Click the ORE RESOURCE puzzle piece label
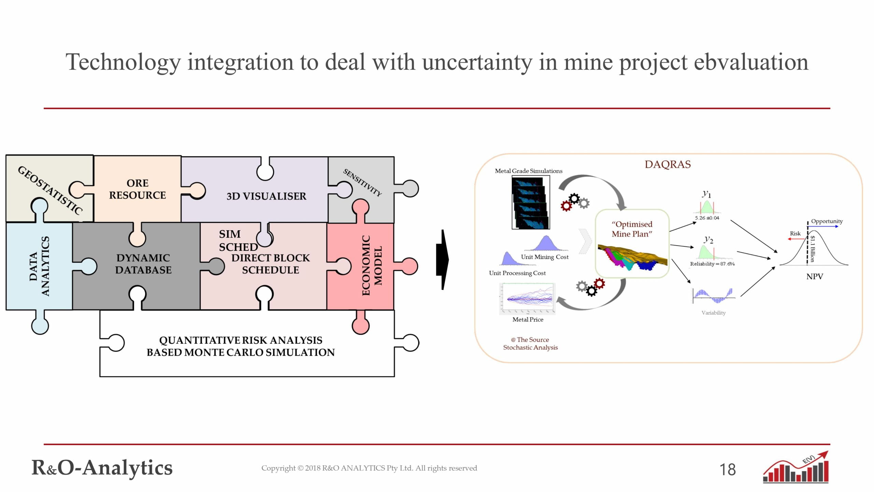(137, 189)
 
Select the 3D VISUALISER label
(266, 196)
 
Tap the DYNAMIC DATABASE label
(143, 264)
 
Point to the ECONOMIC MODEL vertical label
(371, 265)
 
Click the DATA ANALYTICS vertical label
(39, 266)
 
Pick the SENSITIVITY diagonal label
(362, 182)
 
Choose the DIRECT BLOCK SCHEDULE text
(270, 264)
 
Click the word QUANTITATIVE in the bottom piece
(200, 340)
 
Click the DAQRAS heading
(667, 164)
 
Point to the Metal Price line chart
(527, 299)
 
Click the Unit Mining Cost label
(545, 257)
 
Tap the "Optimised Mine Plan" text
(632, 229)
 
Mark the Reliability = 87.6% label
(712, 264)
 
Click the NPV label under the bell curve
(815, 276)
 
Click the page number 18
(728, 469)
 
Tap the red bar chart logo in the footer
(796, 468)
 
